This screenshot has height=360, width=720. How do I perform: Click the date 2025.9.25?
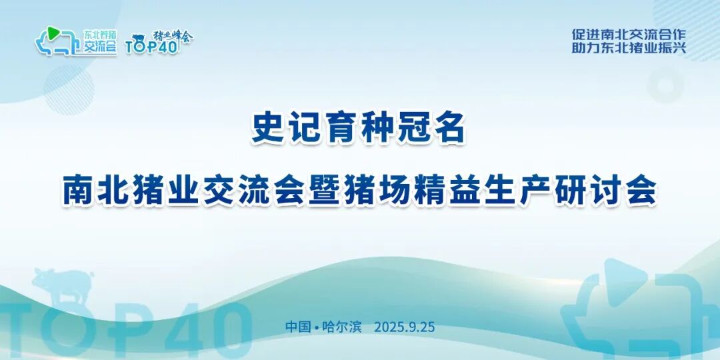point(404,327)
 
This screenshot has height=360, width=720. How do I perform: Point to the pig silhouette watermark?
point(63,285)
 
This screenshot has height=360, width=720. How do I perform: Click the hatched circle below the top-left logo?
point(69,89)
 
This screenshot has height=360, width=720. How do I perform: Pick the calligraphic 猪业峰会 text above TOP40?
point(173,36)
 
